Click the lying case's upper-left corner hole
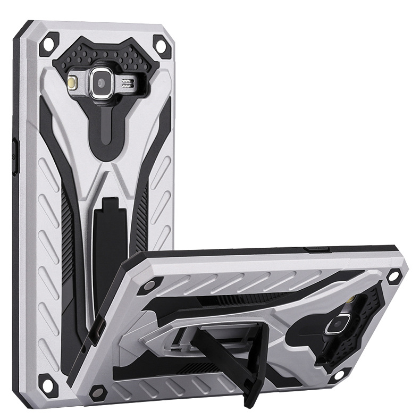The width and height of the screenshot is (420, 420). tap(155, 281)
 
